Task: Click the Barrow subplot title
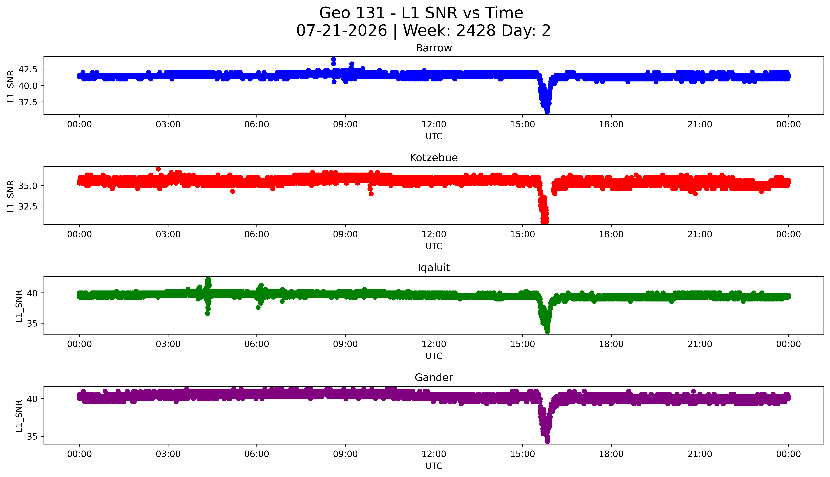point(434,48)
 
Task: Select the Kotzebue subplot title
point(434,158)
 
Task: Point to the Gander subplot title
point(434,378)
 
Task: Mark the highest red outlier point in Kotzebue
point(158,169)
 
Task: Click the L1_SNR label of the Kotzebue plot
point(11,196)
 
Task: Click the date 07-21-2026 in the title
point(342,31)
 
